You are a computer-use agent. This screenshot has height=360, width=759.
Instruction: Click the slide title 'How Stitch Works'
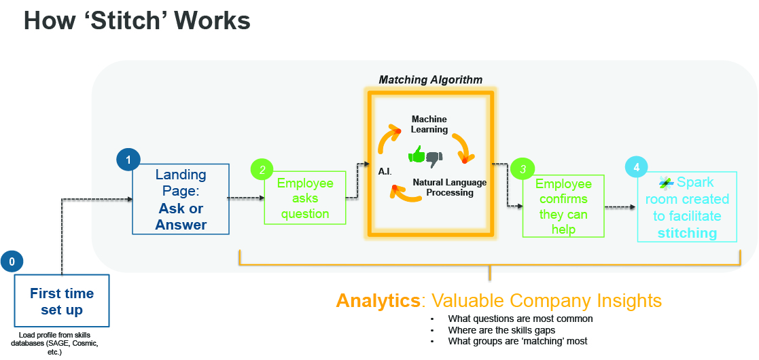point(137,21)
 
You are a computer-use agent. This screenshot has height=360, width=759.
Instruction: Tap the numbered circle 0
point(11,261)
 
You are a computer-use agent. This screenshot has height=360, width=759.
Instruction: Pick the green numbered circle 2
point(262,170)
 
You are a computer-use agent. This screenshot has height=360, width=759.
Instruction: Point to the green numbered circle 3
point(522,168)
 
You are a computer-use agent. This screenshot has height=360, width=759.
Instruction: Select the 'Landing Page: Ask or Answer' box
point(180,200)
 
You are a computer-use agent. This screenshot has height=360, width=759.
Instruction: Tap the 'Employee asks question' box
point(305,198)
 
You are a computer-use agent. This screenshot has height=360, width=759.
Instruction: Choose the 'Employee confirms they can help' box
point(563,206)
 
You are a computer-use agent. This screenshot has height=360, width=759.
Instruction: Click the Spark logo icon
point(666,183)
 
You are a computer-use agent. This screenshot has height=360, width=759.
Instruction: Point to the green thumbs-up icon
point(417,156)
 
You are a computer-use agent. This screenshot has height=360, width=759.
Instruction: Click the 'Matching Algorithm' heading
point(431,79)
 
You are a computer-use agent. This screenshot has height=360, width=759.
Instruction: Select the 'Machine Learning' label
point(429,124)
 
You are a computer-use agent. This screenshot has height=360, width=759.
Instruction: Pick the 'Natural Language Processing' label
point(449,187)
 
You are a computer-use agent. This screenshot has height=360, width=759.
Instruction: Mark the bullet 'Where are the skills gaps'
point(501,330)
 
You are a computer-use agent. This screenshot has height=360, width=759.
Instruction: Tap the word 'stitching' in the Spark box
point(687,233)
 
